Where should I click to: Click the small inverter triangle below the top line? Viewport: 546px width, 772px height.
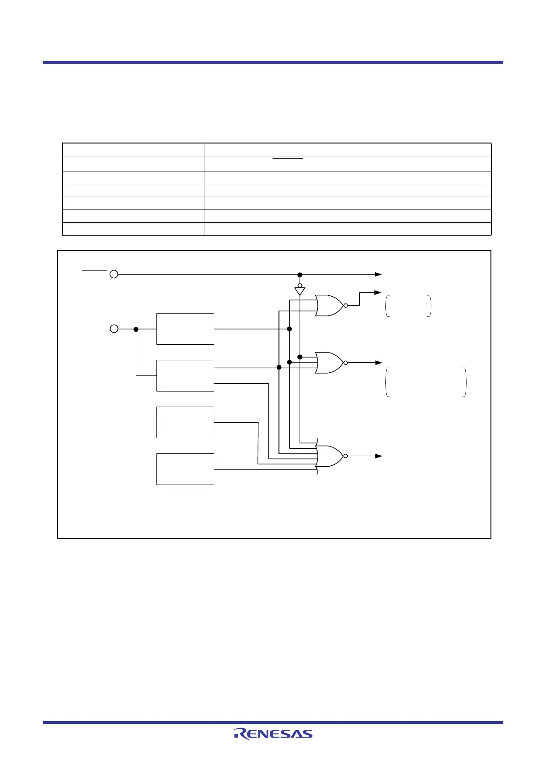pos(300,291)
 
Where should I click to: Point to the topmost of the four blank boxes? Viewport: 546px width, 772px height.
pos(185,329)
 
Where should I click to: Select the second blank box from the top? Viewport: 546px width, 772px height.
pos(185,375)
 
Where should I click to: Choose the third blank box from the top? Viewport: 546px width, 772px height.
pos(185,422)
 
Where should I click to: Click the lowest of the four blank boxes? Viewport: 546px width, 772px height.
pos(185,469)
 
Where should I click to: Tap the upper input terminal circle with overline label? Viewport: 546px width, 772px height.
pos(114,274)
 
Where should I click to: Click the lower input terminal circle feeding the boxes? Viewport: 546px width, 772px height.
pos(114,329)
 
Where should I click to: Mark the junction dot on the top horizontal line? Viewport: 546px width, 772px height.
pos(300,275)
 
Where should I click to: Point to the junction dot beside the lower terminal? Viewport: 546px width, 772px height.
pos(136,329)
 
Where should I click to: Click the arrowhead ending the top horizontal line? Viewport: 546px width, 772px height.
pos(378,274)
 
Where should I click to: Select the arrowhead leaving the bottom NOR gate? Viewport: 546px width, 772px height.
pos(379,456)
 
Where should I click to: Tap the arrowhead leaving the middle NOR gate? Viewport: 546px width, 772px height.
pos(379,363)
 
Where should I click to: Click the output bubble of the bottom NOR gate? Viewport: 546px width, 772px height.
pos(345,456)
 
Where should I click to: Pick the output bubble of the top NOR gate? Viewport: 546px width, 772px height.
pos(345,305)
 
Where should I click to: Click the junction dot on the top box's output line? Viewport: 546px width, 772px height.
pos(289,329)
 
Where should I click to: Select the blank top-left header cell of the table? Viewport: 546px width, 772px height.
pos(133,149)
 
